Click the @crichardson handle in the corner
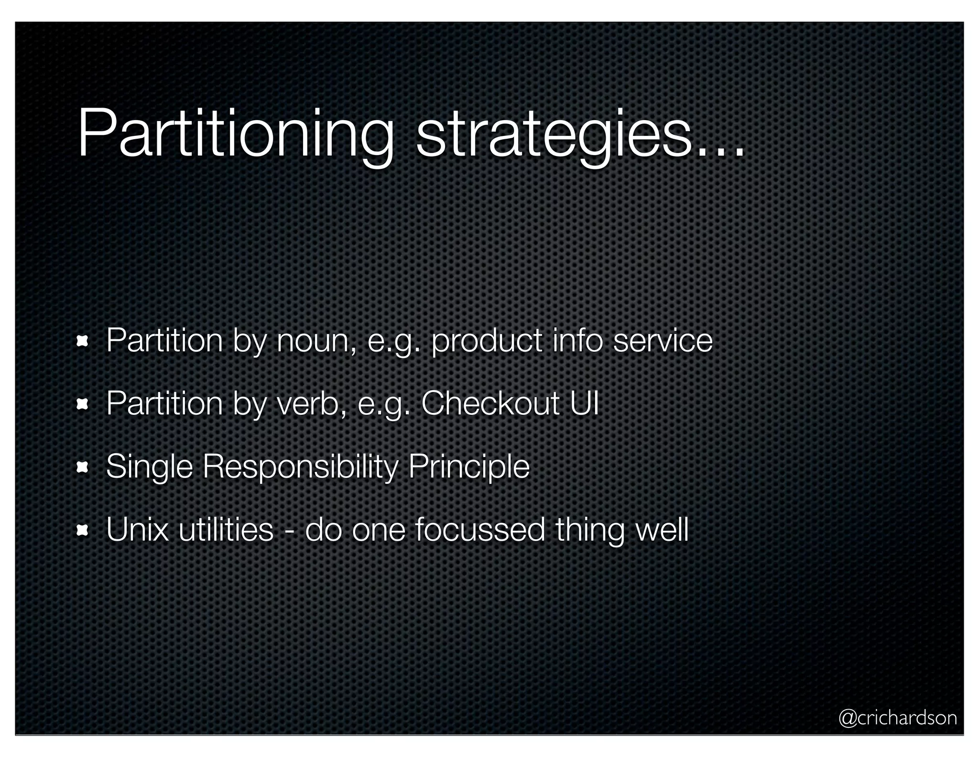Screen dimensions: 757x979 (897, 717)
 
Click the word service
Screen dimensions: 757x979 (663, 341)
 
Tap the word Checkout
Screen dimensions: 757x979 (490, 404)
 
